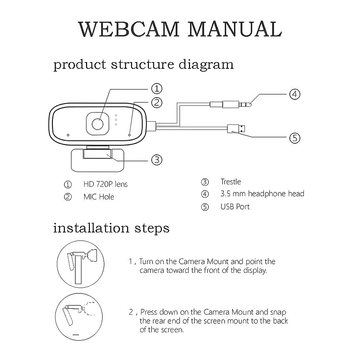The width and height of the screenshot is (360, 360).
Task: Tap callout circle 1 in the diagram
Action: [x=156, y=88]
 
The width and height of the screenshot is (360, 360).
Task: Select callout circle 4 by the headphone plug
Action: [x=295, y=94]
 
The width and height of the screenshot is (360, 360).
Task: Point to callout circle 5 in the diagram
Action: [x=295, y=138]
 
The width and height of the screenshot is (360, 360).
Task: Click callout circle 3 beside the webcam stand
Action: [x=156, y=159]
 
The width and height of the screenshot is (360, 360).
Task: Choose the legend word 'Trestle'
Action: [x=231, y=182]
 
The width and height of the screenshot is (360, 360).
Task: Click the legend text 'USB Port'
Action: [x=235, y=207]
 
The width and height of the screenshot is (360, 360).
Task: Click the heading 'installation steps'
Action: [x=111, y=228]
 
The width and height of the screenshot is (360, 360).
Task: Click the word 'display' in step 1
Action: [x=255, y=270]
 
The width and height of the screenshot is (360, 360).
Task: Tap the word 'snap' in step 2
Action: [x=278, y=312]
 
